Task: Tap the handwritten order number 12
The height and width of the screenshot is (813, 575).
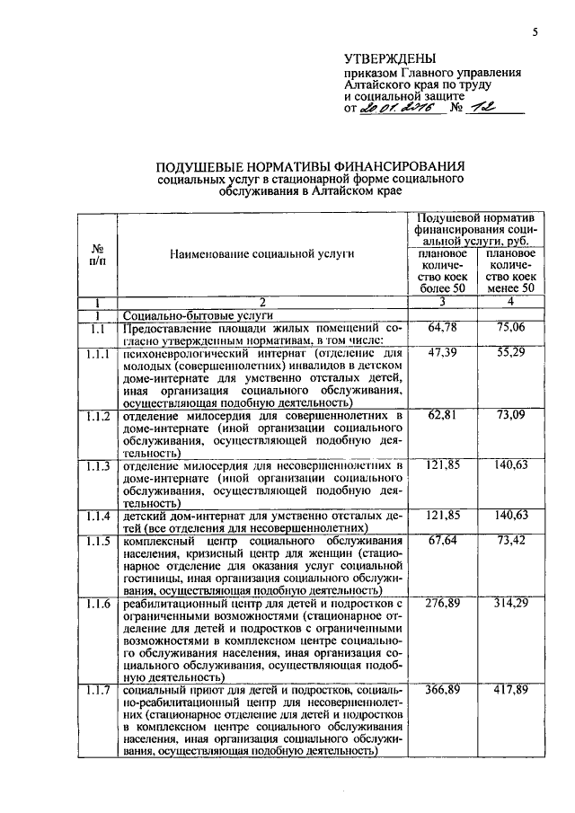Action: pyautogui.click(x=489, y=108)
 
